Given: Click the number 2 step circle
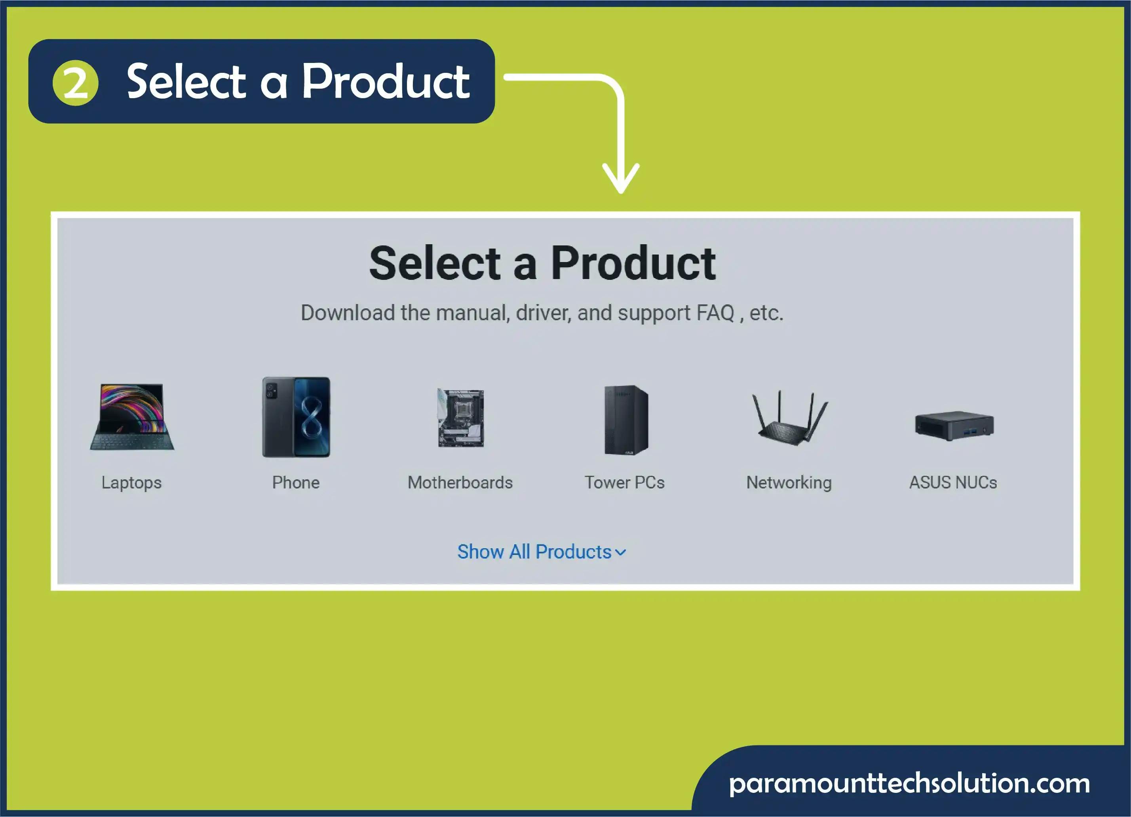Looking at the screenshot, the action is pyautogui.click(x=75, y=83).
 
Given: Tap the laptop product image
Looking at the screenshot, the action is pyautogui.click(x=132, y=417).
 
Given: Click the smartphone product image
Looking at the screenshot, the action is pyautogui.click(x=296, y=417).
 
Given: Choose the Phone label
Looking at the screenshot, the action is pyautogui.click(x=296, y=482).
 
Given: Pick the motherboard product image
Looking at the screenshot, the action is pyautogui.click(x=461, y=418).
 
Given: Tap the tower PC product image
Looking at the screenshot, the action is pyautogui.click(x=626, y=420).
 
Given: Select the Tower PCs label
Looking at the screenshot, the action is pyautogui.click(x=625, y=482).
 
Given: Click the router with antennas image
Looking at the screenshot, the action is pyautogui.click(x=789, y=418).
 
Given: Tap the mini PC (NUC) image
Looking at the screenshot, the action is pyautogui.click(x=954, y=426).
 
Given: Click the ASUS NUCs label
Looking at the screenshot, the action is pyautogui.click(x=953, y=482).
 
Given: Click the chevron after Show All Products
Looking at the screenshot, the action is pyautogui.click(x=620, y=553).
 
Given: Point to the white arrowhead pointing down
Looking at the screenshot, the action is pyautogui.click(x=621, y=179).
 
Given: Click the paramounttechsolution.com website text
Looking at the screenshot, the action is pyautogui.click(x=909, y=784).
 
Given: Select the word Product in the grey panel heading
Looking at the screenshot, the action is pyautogui.click(x=633, y=263).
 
